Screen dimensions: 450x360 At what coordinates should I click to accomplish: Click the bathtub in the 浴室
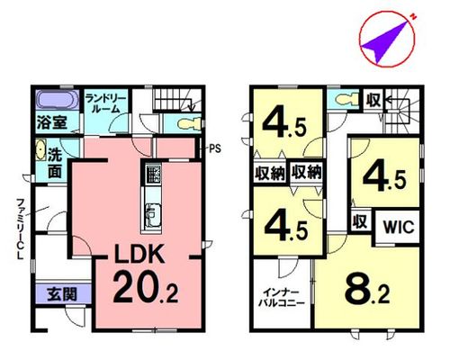[58, 100]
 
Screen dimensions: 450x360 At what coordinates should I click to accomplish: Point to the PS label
[214, 148]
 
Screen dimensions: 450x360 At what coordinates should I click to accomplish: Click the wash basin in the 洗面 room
[40, 149]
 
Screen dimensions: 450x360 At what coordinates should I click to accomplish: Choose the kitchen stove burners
[153, 174]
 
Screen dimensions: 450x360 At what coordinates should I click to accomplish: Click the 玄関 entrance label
[62, 294]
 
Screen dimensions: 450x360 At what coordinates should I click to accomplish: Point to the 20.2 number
[146, 287]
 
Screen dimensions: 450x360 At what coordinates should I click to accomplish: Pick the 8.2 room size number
[367, 290]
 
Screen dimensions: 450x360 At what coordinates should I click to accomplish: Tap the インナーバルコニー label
[282, 297]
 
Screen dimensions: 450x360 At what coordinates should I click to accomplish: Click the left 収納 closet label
[270, 173]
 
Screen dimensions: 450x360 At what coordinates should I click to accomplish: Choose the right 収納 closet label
[307, 172]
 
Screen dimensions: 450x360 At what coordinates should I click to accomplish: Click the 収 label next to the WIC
[360, 221]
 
